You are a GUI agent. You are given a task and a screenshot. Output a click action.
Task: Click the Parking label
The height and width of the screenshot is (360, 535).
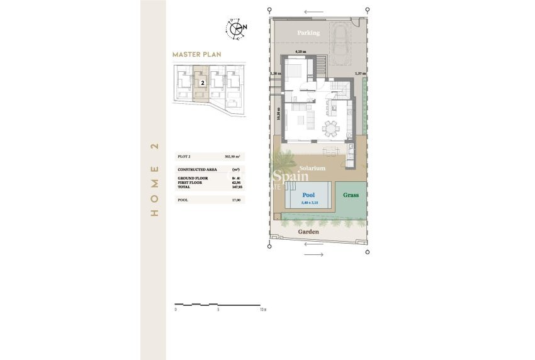click(309, 33)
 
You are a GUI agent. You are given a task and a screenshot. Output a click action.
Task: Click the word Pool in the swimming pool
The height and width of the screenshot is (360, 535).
click(308, 196)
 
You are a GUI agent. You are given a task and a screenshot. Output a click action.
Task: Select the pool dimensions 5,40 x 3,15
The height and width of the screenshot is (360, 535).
click(308, 202)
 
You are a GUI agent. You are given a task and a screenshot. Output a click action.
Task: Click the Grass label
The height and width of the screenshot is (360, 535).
click(351, 195)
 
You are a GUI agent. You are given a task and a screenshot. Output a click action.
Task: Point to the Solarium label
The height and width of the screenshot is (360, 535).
click(312, 169)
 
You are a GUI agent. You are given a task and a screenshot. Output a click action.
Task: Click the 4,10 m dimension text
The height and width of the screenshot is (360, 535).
click(300, 52)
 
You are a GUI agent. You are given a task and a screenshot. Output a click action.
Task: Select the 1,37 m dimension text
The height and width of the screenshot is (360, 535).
click(360, 74)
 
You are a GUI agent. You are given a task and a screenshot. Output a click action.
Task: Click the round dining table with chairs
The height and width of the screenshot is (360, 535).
click(330, 130)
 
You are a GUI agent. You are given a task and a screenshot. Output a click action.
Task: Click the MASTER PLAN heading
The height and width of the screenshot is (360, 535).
click(197, 55)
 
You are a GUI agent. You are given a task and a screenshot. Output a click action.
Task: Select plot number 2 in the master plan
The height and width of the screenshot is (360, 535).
click(202, 82)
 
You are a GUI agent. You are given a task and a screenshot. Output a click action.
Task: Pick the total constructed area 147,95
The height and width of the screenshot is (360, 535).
click(237, 187)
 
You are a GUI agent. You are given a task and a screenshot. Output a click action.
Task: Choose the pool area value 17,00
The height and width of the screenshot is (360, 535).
click(237, 200)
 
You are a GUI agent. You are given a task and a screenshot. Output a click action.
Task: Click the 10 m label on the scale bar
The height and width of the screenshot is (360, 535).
click(262, 310)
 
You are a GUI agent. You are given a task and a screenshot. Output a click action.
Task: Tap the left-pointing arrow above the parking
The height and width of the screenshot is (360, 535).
click(312, 12)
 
